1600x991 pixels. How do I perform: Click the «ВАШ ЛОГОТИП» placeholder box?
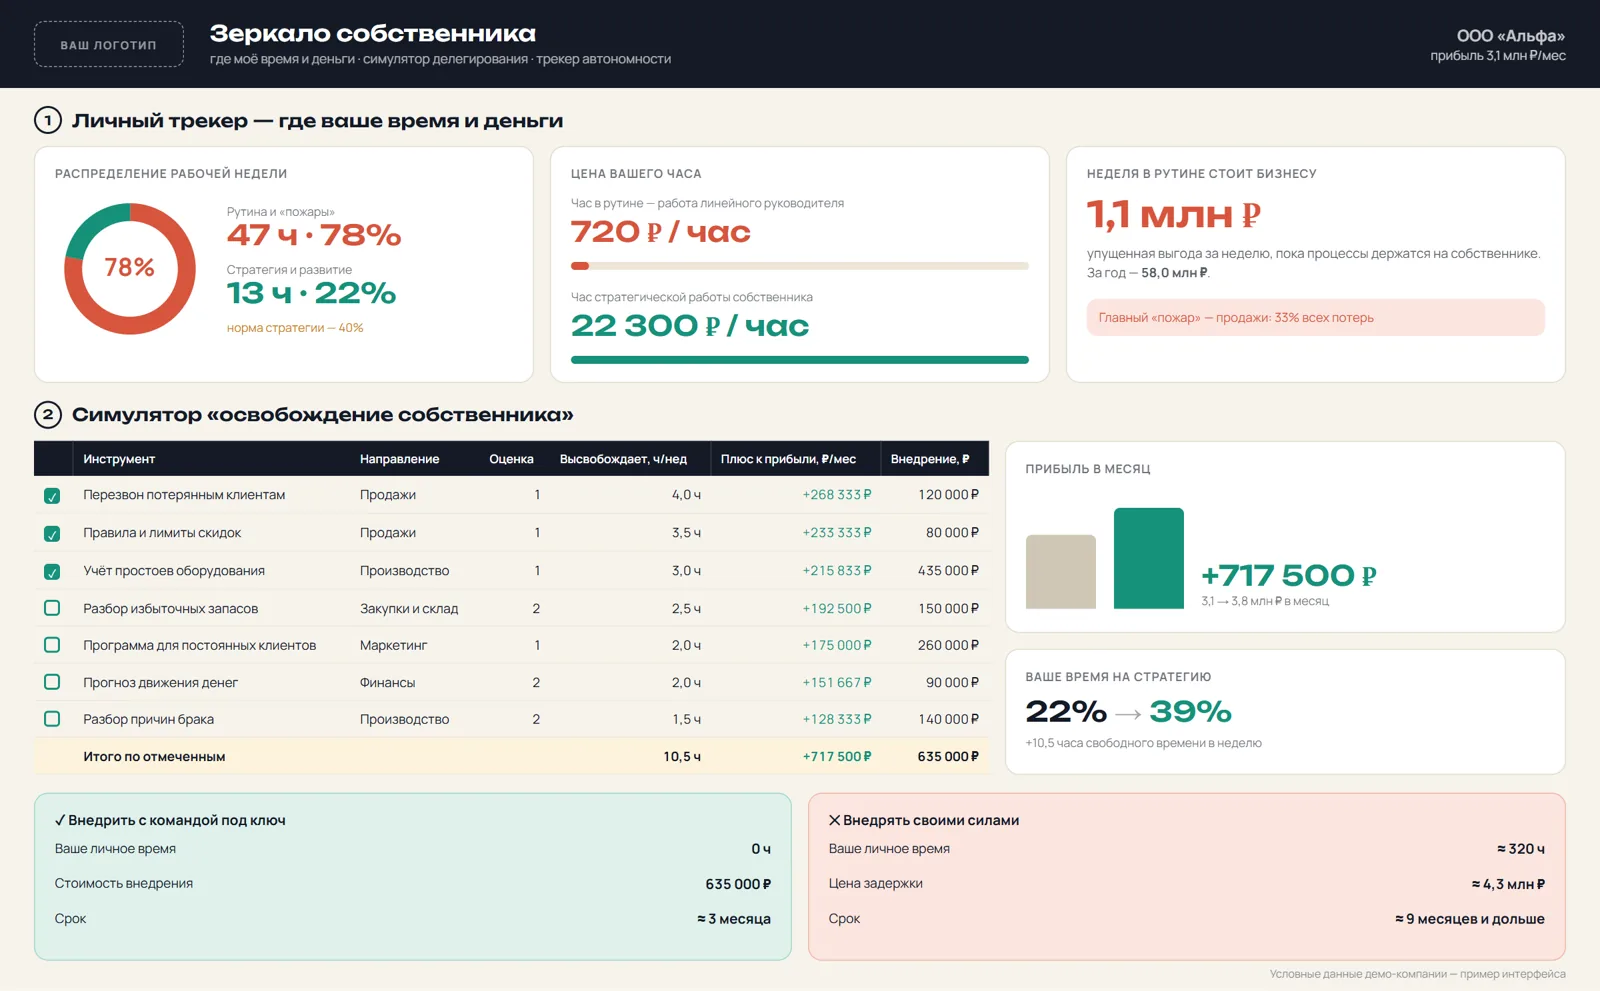click(109, 44)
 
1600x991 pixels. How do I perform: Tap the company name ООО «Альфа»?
click(1511, 35)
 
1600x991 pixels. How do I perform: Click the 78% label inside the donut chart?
click(129, 267)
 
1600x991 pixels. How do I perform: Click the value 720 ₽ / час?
click(661, 232)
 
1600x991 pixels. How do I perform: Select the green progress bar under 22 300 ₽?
click(799, 360)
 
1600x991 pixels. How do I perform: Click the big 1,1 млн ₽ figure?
click(1173, 214)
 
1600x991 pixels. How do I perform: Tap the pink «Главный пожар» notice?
click(1315, 317)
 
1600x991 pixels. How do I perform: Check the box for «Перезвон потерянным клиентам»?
click(51, 495)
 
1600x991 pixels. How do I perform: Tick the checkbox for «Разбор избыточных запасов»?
click(51, 608)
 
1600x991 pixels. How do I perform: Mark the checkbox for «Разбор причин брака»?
click(51, 719)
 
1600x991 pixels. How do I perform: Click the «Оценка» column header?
click(511, 459)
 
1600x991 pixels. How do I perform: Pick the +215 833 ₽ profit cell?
click(836, 570)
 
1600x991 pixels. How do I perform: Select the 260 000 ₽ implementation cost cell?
click(948, 644)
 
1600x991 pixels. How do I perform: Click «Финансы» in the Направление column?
click(387, 682)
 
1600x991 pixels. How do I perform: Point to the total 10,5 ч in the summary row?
click(681, 756)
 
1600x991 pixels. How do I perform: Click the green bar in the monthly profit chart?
click(1149, 558)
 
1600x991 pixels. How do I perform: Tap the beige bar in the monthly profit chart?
click(1061, 572)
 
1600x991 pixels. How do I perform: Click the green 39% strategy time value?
click(1190, 711)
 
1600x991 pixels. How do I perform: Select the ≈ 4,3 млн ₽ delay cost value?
click(1508, 884)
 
